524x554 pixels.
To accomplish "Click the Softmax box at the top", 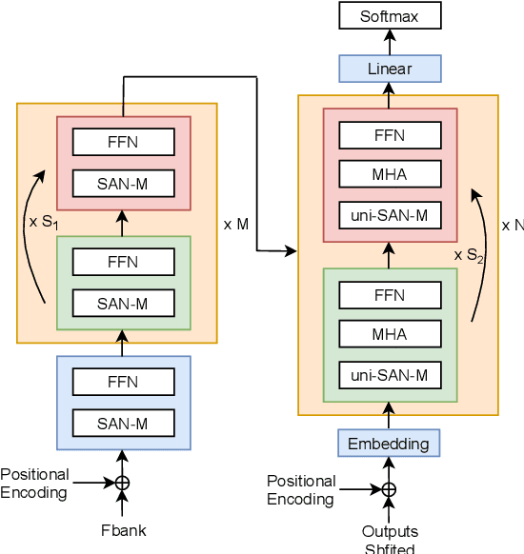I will pos(389,16).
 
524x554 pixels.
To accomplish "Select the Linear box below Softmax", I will pos(389,69).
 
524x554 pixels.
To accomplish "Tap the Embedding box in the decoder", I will pos(388,444).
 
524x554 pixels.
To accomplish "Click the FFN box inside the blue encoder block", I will pos(123,382).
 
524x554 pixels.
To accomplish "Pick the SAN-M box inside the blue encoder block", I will pos(123,424).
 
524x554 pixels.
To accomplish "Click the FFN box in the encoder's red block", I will pos(123,142).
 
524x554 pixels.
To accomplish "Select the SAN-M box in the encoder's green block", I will pos(123,304).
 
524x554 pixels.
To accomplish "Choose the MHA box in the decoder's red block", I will pos(389,175).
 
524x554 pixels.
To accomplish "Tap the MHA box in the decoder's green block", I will pos(389,334).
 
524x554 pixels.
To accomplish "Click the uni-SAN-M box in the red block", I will pos(389,216).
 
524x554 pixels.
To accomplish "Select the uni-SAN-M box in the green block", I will pos(389,376).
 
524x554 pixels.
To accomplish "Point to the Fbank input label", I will pos(123,530).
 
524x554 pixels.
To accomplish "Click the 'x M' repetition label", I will pos(236,225).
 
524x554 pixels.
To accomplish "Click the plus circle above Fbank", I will pos(122,484).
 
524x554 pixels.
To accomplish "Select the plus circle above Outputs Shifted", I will pos(389,490).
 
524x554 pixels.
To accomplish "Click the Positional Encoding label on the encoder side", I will pos(35,484).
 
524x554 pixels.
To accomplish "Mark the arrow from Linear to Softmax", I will pos(389,42).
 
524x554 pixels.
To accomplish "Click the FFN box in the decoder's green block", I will pos(389,294).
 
